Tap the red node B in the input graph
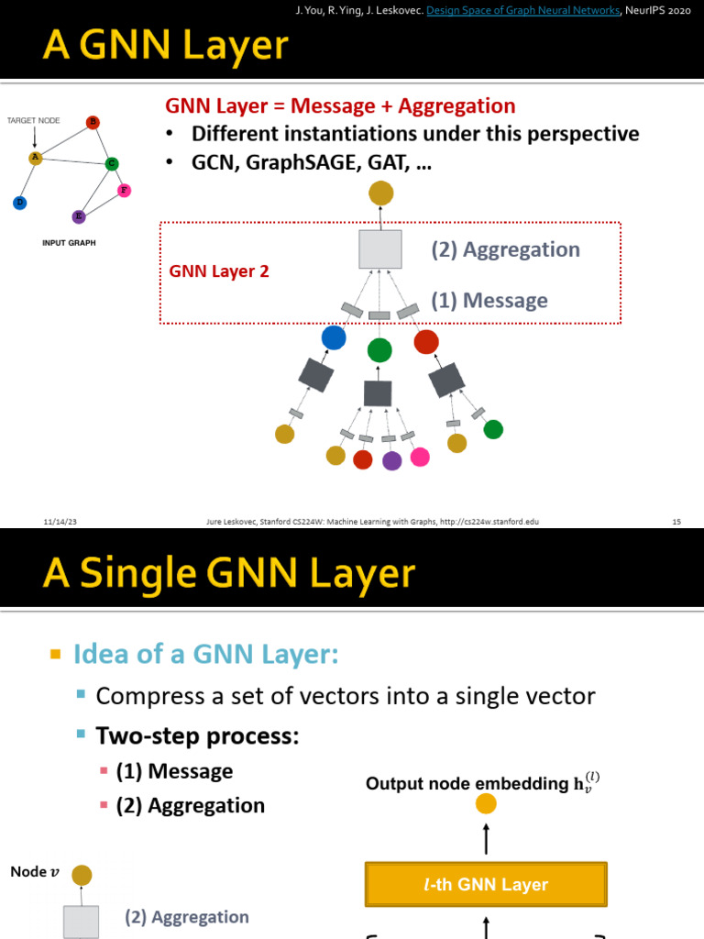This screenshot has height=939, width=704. coord(93,122)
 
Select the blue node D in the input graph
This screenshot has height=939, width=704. coord(19,202)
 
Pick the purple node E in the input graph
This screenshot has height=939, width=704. coord(79,216)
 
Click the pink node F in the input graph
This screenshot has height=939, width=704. coord(125,190)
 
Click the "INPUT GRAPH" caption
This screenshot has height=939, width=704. coord(69,243)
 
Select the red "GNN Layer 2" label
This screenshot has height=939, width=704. coord(219,271)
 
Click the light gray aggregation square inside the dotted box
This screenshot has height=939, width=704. coord(379,249)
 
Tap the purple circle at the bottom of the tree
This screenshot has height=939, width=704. coord(391,460)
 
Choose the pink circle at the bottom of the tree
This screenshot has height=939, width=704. coord(420,457)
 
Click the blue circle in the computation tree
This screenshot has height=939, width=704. coord(334,337)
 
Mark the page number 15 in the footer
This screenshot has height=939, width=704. coord(676,521)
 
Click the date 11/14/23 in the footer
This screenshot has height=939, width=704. coord(59,521)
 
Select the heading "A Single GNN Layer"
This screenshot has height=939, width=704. coord(229,574)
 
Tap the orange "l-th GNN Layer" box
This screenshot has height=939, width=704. coord(486,885)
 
